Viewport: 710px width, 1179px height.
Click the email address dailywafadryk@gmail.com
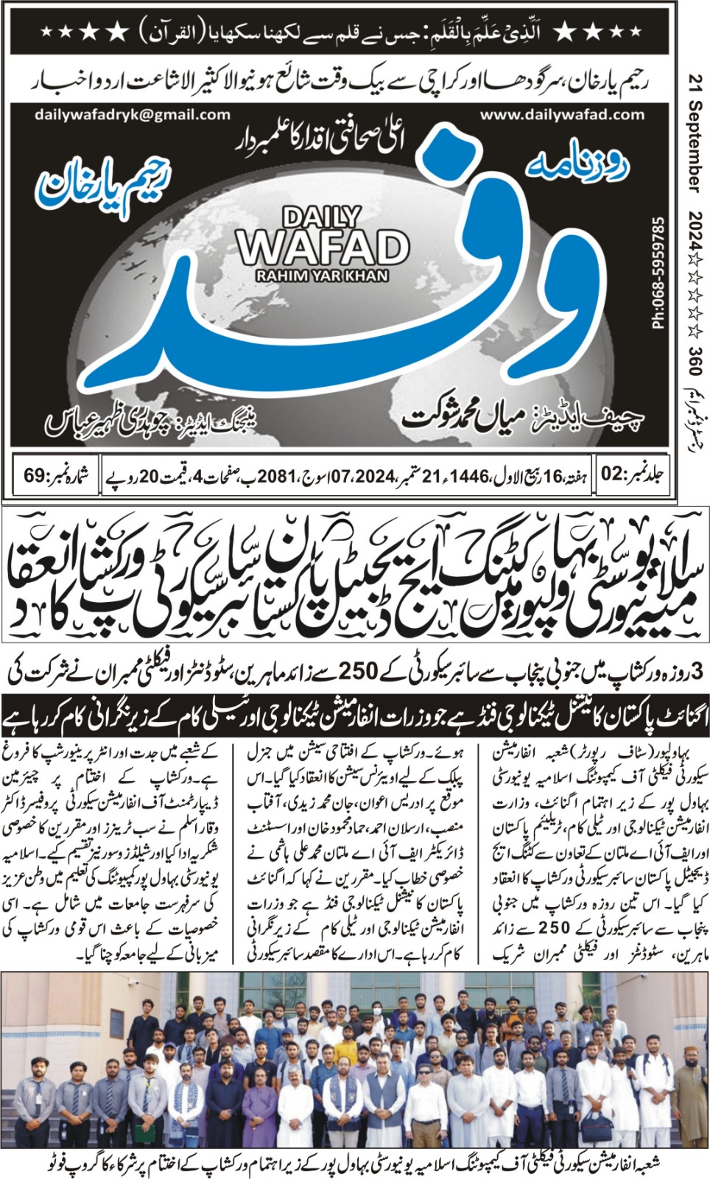pyautogui.click(x=132, y=115)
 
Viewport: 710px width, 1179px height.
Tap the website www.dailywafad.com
pyautogui.click(x=562, y=115)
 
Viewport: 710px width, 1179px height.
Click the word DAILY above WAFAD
pyautogui.click(x=322, y=217)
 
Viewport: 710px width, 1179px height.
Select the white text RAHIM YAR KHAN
pyautogui.click(x=322, y=276)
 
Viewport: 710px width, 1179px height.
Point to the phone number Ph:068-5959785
pyautogui.click(x=658, y=272)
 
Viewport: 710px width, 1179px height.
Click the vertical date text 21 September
pyautogui.click(x=695, y=133)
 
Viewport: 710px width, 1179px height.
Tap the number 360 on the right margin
pyautogui.click(x=695, y=360)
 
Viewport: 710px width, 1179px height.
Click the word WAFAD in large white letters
pyautogui.click(x=322, y=248)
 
